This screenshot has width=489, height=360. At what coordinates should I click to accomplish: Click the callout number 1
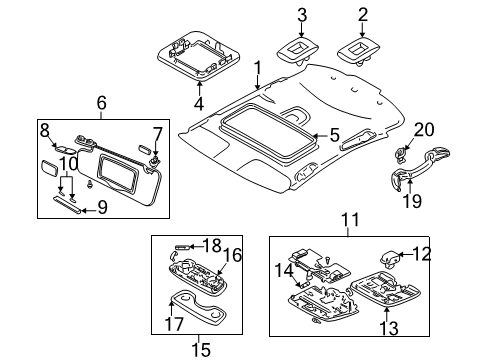tap(257, 69)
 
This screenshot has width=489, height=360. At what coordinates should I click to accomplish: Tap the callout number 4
tap(199, 104)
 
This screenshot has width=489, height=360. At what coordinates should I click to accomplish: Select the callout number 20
tap(424, 130)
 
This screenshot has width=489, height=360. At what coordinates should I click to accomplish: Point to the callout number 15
tap(201, 350)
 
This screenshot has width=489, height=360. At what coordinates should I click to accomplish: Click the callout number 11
tap(351, 220)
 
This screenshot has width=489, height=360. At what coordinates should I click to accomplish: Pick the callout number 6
tap(102, 103)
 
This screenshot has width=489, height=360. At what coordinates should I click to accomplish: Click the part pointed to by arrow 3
tap(298, 51)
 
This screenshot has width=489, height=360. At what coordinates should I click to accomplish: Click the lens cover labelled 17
tap(197, 307)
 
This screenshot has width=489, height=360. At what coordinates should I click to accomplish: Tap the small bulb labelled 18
tap(183, 247)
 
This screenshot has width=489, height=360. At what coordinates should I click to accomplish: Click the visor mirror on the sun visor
tap(117, 173)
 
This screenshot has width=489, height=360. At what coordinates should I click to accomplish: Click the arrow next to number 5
tap(321, 136)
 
